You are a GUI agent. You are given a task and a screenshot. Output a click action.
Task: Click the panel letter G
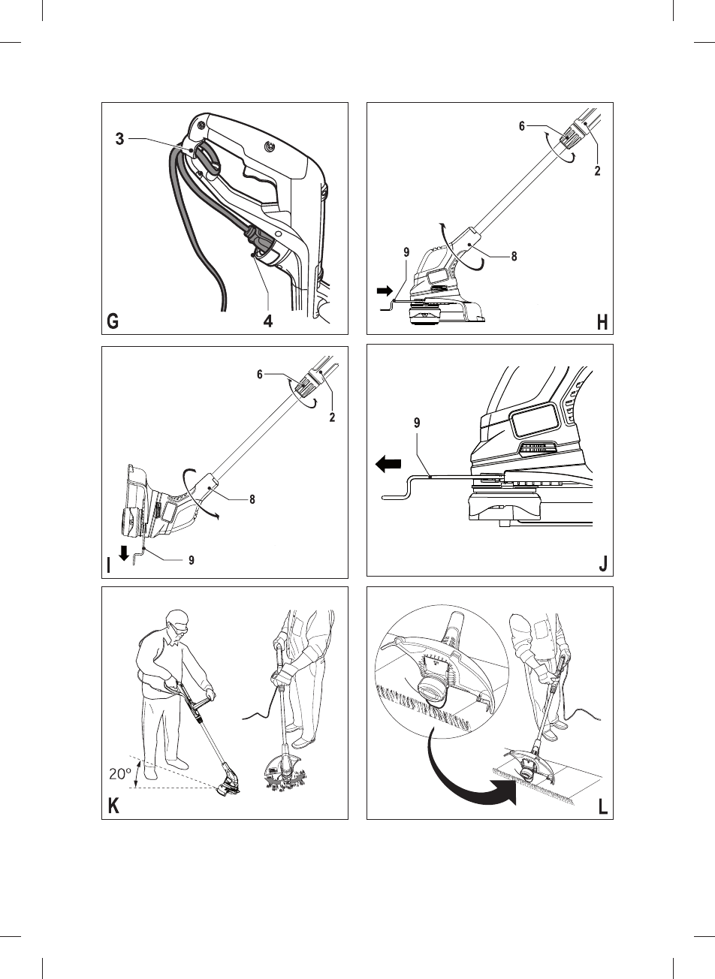[113, 322]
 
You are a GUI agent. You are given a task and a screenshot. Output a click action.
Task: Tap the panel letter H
[602, 323]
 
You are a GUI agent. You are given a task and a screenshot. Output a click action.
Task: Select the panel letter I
[110, 565]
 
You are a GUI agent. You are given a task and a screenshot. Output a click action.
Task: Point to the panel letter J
[603, 565]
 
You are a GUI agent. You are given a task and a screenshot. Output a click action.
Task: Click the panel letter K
[113, 807]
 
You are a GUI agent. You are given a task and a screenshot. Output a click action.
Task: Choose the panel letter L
[602, 808]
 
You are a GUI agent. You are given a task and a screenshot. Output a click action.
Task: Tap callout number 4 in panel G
[267, 322]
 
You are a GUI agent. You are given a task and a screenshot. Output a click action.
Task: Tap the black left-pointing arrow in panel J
[388, 465]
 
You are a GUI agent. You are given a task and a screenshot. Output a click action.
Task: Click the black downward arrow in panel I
[124, 555]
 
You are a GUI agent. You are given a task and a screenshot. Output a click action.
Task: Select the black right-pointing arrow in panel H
[385, 289]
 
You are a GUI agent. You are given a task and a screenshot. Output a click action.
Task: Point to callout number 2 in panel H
[597, 170]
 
